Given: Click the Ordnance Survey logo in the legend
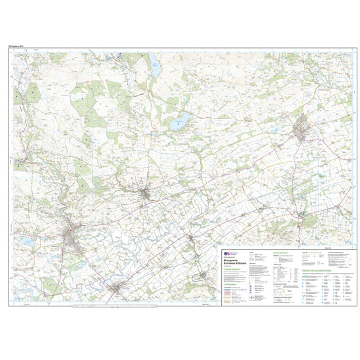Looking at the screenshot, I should point(228,251).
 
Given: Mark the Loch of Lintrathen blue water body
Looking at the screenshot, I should point(179,120).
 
